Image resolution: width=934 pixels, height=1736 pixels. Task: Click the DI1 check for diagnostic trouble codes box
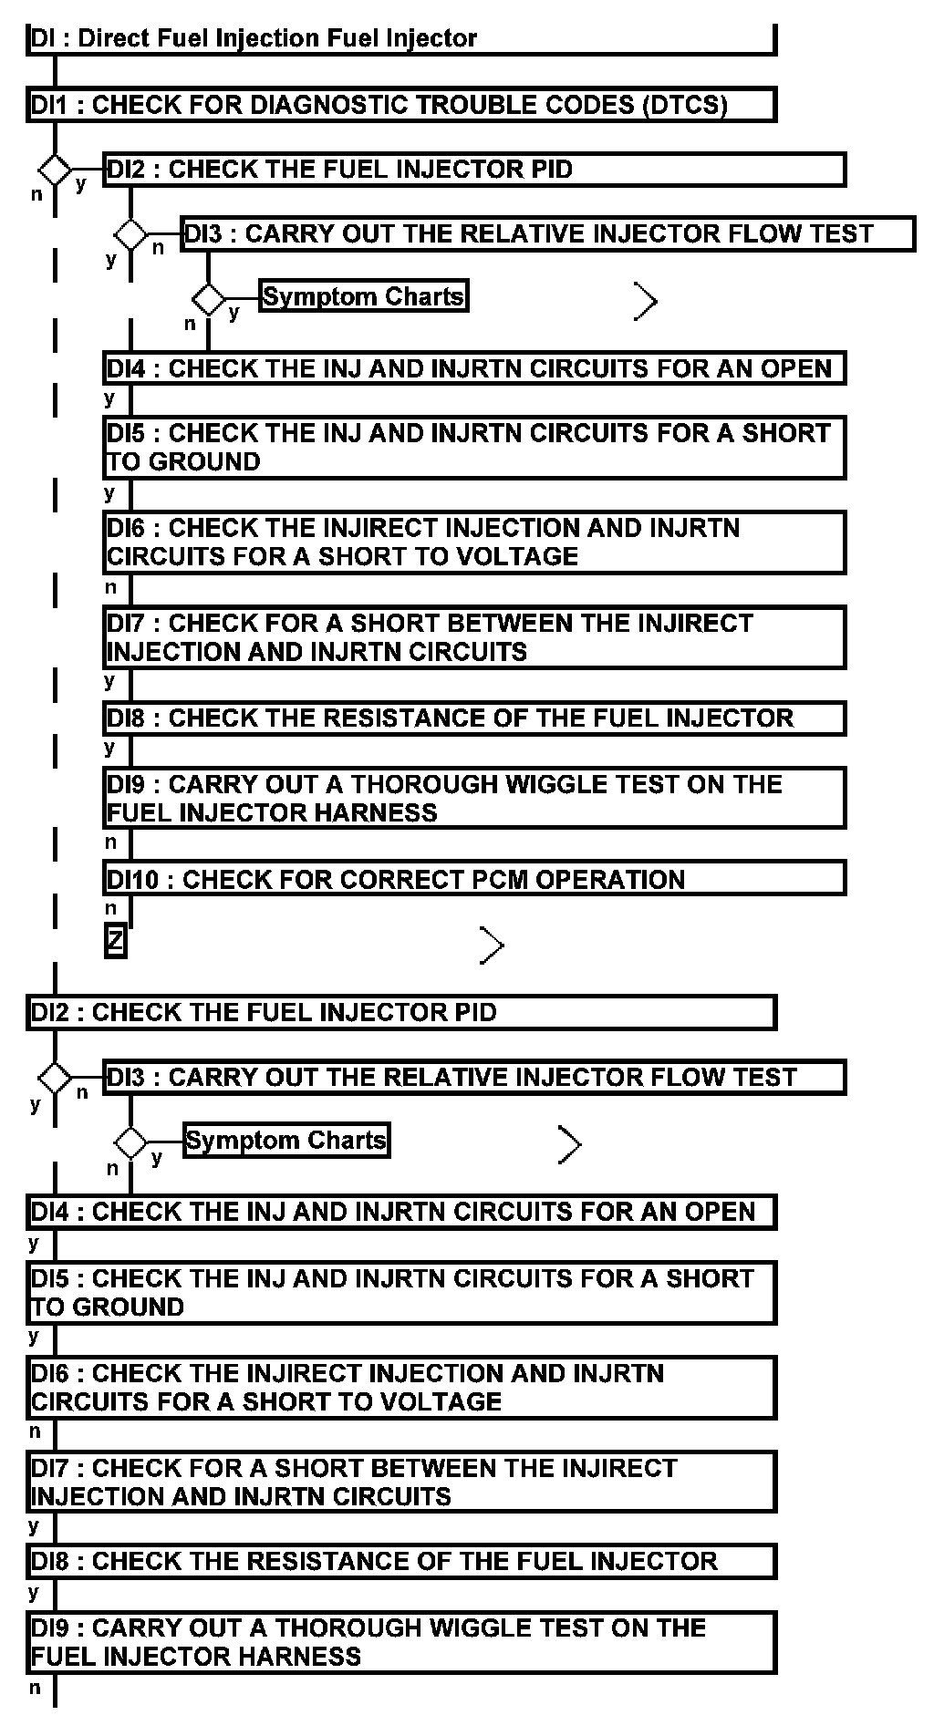[401, 105]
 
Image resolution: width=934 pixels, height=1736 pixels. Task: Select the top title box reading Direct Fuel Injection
[401, 38]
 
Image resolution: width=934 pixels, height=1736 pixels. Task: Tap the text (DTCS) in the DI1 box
[684, 105]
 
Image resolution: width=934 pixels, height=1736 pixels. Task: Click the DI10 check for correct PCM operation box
[474, 879]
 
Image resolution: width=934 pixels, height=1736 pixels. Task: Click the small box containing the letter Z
[115, 941]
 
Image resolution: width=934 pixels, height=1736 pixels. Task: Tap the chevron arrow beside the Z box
[493, 945]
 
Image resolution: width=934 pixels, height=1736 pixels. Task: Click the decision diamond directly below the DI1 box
[55, 170]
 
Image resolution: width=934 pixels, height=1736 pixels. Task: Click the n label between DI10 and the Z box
[111, 908]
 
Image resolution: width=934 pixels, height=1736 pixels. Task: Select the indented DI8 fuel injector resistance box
[474, 718]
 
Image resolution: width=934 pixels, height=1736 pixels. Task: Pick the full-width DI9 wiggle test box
[401, 1642]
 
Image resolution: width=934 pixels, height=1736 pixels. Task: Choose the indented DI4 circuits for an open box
[474, 368]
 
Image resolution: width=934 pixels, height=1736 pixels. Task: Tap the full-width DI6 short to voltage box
[401, 1388]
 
